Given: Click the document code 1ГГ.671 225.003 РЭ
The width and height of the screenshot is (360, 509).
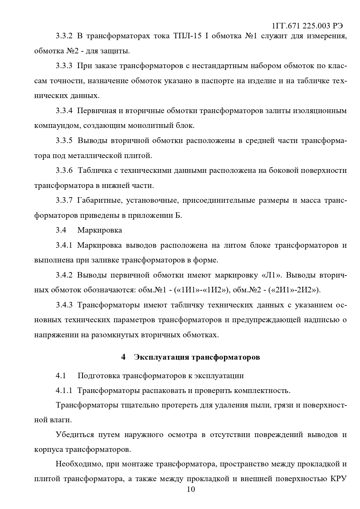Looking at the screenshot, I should pos(307,26).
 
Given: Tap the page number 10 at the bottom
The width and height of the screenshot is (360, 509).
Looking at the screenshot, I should pos(191,489).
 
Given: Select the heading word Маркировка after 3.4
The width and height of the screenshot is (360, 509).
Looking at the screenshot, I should pos(100,230).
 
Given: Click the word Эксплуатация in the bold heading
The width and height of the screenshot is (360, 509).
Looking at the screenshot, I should pos(162,357).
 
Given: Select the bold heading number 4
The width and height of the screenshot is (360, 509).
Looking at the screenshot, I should pos(123,357).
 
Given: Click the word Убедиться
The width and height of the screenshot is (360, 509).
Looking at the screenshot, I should pos(75,435).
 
